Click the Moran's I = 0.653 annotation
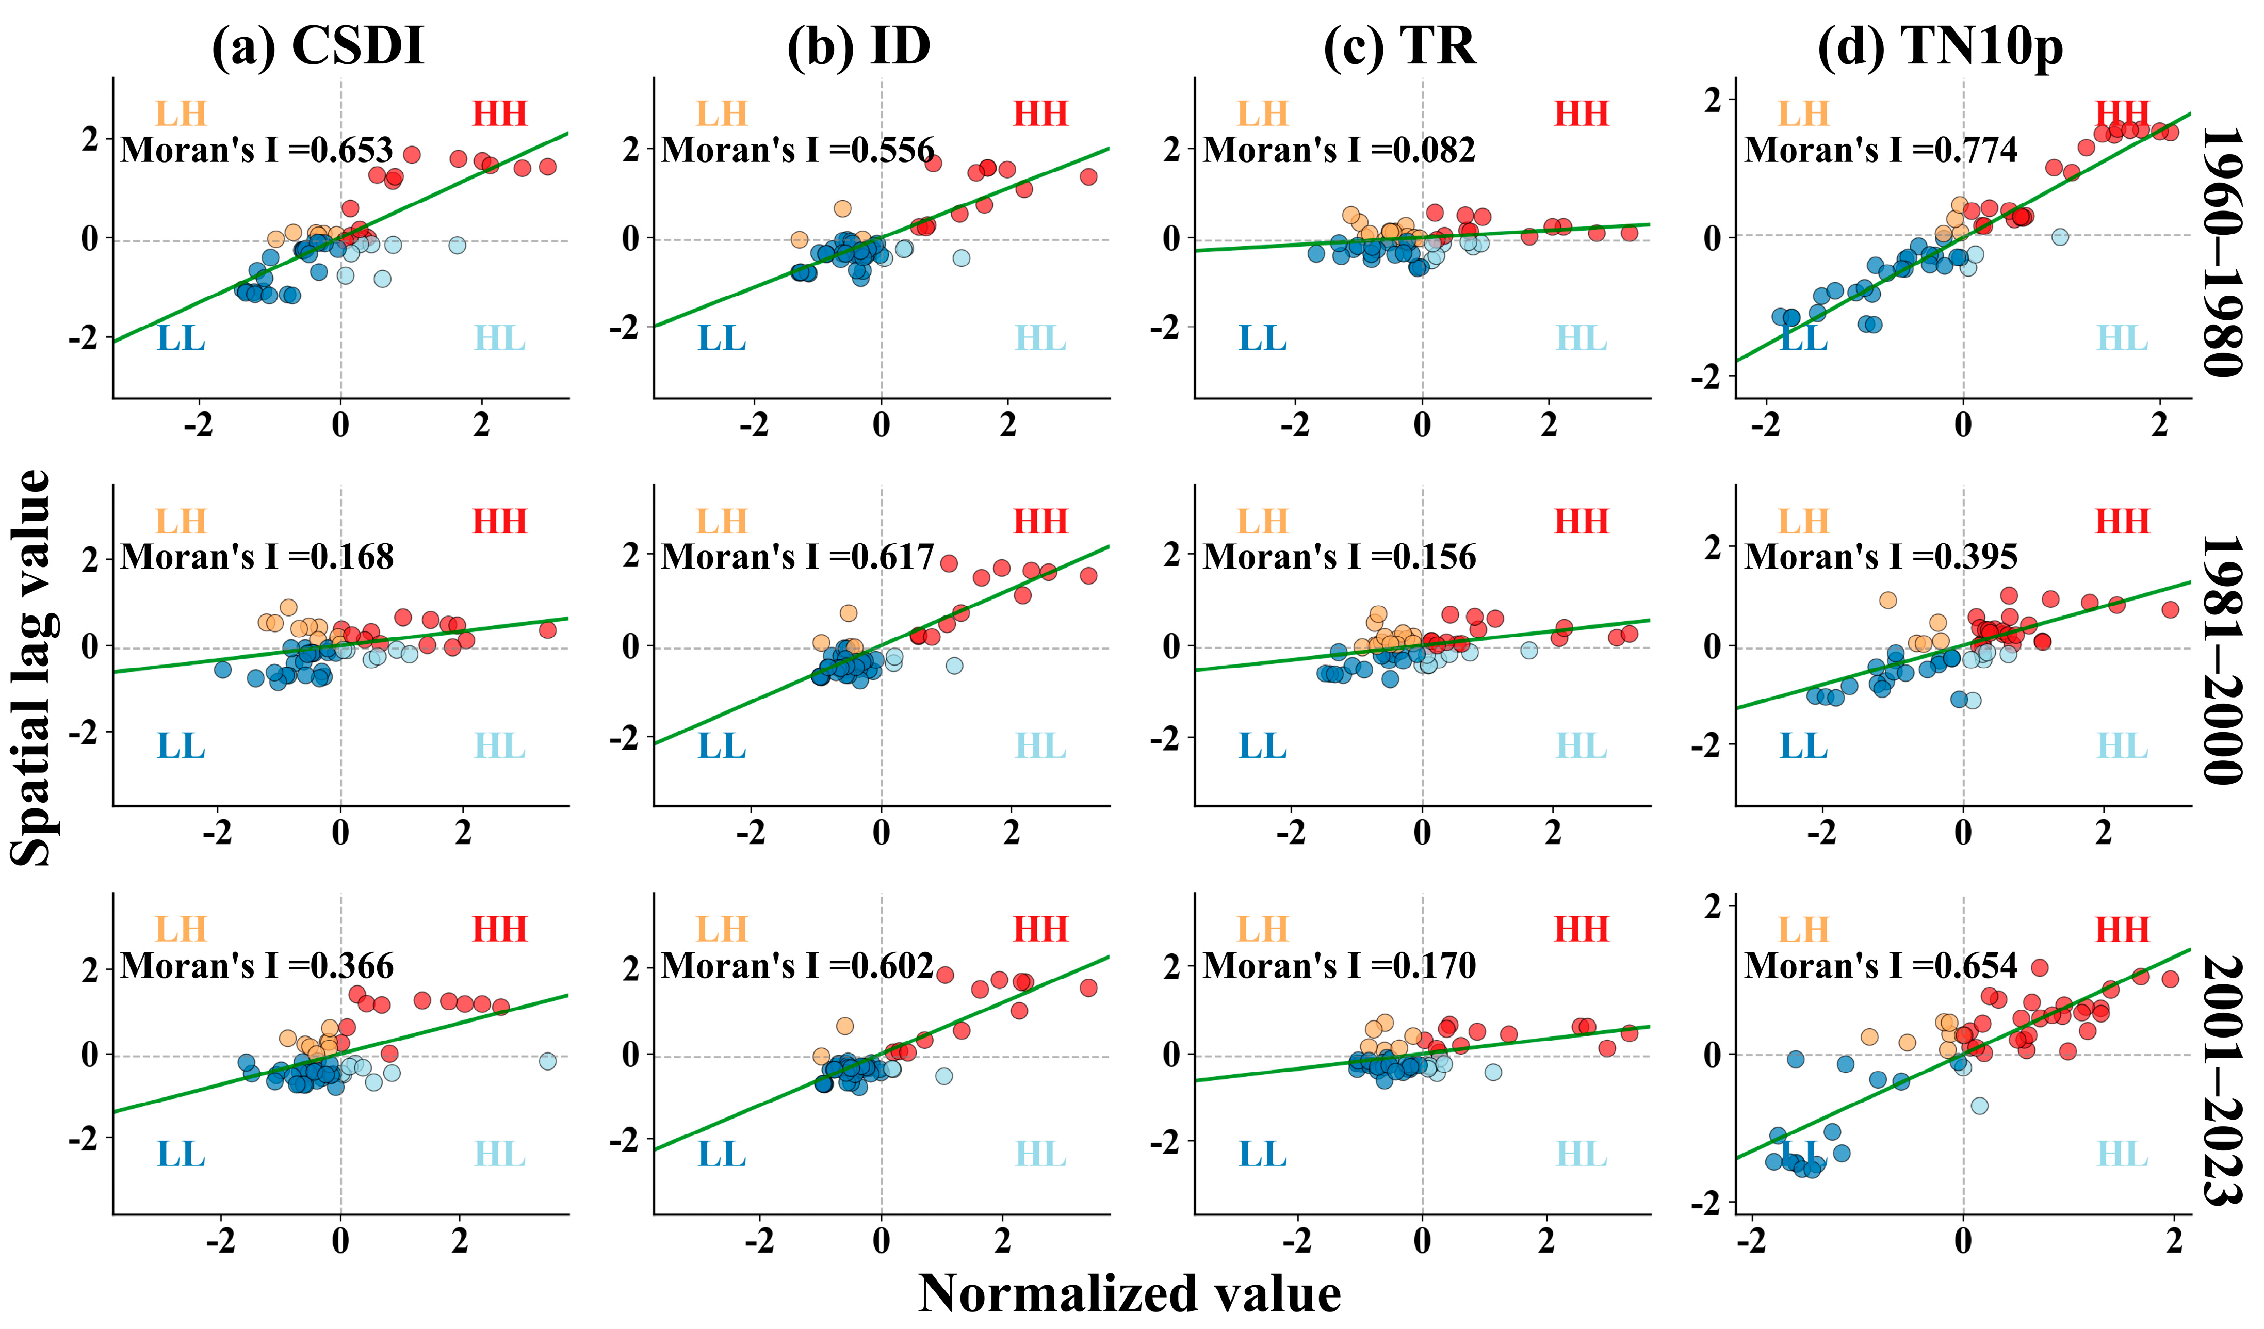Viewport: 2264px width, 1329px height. click(257, 150)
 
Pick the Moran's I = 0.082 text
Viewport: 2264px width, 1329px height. click(1339, 150)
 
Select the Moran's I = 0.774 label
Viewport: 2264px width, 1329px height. click(1880, 150)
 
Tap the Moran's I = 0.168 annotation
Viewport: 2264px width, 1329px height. click(257, 558)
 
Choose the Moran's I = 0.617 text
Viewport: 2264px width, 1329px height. click(798, 558)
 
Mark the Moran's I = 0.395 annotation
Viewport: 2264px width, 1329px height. click(1880, 558)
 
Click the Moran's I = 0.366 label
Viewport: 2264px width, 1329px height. click(257, 966)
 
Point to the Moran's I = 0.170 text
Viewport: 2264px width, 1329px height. click(1339, 966)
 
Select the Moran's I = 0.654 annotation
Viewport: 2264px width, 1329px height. click(1880, 966)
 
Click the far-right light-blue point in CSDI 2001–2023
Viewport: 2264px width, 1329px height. click(547, 1061)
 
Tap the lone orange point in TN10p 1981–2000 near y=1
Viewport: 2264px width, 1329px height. click(1887, 600)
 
